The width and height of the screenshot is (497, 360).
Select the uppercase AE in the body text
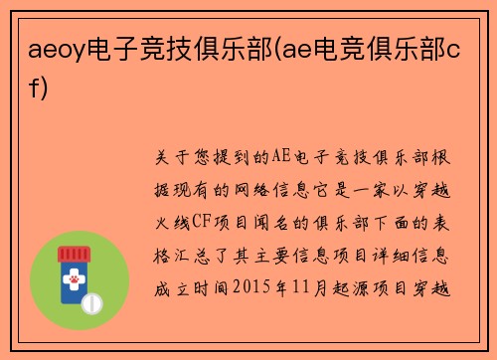[x=269, y=157]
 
